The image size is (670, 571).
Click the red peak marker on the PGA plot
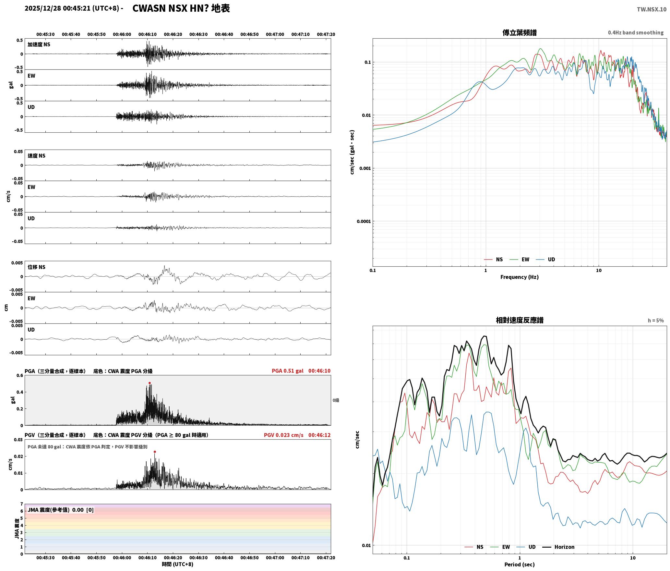[x=150, y=383]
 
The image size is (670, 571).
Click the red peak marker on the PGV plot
[x=155, y=452]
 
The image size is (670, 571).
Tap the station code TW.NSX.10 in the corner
[x=652, y=9]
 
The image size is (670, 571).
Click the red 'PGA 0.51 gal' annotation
[x=287, y=371]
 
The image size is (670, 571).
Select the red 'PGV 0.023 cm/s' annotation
[x=283, y=435]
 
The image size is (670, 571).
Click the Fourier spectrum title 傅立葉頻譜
[x=519, y=32]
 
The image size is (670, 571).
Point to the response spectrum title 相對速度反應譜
[x=520, y=320]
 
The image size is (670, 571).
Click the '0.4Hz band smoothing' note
[x=636, y=32]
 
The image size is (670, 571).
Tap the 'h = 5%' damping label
[x=656, y=321]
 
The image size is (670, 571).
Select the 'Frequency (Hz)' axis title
[x=519, y=277]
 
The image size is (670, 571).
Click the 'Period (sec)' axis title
[x=519, y=565]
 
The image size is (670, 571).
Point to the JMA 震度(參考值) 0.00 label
[x=55, y=510]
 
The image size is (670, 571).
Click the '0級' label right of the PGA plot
[x=336, y=400]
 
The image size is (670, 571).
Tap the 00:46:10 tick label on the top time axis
[x=147, y=34]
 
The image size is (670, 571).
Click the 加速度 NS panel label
[x=39, y=44]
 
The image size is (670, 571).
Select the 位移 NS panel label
[x=36, y=267]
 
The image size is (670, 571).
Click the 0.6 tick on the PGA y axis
[x=20, y=376]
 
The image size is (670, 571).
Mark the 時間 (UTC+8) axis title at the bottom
[x=177, y=564]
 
